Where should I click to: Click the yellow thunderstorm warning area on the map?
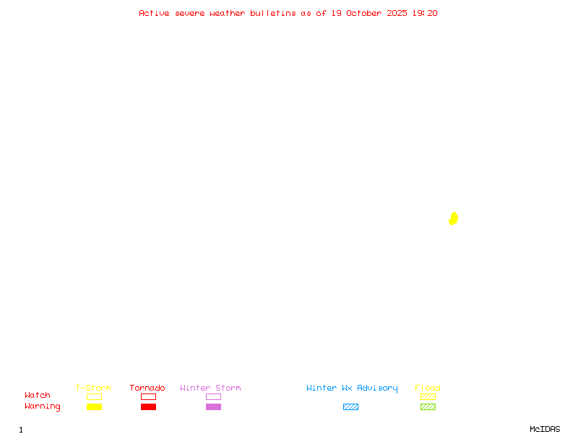tap(453, 218)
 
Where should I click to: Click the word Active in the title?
tap(154, 13)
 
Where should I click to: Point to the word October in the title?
tap(364, 13)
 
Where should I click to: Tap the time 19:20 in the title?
tap(425, 13)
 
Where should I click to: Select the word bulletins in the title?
tap(273, 13)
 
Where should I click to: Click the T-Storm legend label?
tap(93, 388)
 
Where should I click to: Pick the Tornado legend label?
tap(147, 388)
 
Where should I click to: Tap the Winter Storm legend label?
tap(210, 388)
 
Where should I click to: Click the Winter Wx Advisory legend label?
tap(352, 388)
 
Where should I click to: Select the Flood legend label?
tap(428, 388)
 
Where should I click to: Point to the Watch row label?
tap(38, 396)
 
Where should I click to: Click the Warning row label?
tap(43, 407)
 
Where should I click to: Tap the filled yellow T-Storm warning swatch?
tap(94, 407)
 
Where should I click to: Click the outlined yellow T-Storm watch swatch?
tap(94, 396)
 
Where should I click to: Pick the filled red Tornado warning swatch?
tap(148, 407)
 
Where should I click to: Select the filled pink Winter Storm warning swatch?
tap(213, 407)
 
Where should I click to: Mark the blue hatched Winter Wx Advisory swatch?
tap(350, 407)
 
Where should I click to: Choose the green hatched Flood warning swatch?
tap(428, 407)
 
